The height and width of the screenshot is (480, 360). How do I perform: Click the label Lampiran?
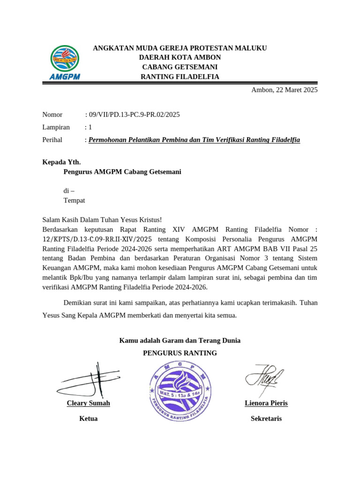(56, 127)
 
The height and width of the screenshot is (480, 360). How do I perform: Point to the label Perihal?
(52, 140)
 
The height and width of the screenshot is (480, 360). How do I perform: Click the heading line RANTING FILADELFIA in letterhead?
(180, 77)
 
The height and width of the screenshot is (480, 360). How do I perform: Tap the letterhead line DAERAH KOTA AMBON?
(180, 57)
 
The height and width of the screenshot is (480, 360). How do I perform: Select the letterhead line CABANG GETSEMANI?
(180, 67)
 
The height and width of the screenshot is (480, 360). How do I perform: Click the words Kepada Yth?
(61, 162)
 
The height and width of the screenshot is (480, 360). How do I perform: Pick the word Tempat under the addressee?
(74, 200)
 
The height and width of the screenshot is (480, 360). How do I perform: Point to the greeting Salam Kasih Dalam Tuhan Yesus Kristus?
(102, 220)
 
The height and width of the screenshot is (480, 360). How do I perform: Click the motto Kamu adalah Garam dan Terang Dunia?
(180, 340)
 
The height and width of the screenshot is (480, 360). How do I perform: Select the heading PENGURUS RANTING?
(180, 353)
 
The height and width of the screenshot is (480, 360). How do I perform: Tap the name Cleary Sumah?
(89, 403)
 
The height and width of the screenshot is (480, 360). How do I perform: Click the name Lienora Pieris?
(266, 403)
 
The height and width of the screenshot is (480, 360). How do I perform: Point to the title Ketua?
(89, 419)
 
